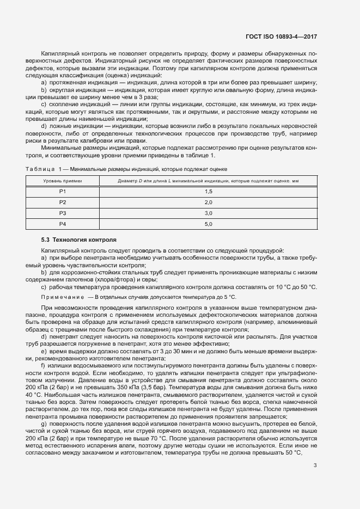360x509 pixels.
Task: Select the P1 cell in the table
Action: coord(63,192)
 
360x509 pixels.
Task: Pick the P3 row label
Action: coord(63,213)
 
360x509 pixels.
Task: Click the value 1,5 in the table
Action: coord(208,192)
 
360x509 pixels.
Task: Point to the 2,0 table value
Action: coord(208,203)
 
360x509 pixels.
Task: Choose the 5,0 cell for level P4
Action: coord(208,224)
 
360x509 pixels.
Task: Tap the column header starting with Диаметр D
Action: coord(208,180)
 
